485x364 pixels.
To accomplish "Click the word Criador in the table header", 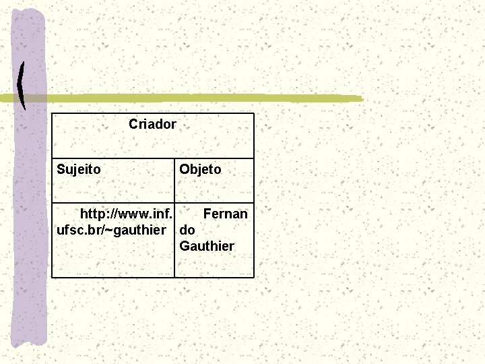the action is (152, 125).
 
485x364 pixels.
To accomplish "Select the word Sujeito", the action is (79, 170).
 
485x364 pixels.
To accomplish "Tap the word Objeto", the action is (200, 170).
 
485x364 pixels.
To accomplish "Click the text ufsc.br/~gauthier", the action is (112, 231).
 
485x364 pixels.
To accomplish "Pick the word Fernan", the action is (225, 214).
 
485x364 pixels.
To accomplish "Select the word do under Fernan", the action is (187, 231).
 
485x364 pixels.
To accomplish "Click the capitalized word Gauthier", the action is (207, 247).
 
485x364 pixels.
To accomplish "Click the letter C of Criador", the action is (133, 125).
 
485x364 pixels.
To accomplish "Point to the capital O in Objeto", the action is (184, 170).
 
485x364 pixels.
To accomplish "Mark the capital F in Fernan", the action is (207, 214).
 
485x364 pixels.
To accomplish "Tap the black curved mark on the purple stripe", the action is (22, 86).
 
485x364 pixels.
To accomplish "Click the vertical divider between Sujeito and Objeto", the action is (174, 181).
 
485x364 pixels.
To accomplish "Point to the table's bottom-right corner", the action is (254, 277).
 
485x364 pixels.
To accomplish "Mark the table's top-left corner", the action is (53, 113).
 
